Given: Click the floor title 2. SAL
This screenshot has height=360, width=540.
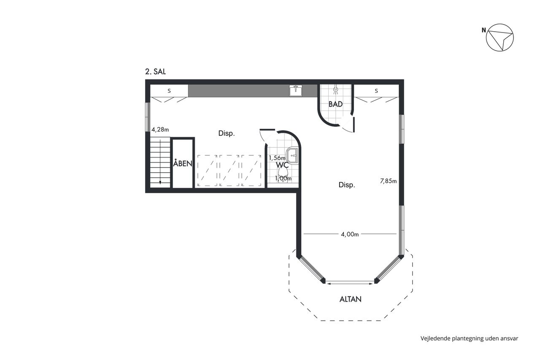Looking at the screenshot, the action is click(155, 72).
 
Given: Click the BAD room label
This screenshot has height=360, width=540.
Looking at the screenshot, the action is click(335, 104).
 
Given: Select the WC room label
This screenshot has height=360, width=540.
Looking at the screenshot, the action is click(282, 165).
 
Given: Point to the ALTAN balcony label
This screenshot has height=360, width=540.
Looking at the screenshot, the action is click(350, 299).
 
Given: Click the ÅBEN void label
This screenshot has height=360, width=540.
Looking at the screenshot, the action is click(183, 163).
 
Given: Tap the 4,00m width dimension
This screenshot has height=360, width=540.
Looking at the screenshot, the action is click(350, 234).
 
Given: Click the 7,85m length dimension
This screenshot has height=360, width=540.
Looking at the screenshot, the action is click(388, 181).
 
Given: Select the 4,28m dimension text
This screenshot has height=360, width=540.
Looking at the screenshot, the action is click(160, 130).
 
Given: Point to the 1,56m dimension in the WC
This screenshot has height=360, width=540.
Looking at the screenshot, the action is click(277, 158).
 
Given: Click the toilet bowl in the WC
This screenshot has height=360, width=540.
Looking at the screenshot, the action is click(283, 174).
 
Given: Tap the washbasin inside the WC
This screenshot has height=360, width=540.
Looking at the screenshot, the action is click(292, 155).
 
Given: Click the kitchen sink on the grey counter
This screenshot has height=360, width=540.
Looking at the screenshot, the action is click(296, 91).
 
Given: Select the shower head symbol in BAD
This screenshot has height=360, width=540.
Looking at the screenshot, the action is click(335, 89).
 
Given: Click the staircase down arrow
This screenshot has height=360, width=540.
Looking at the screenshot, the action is click(160, 162).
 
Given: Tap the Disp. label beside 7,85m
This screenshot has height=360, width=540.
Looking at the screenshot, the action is click(347, 185).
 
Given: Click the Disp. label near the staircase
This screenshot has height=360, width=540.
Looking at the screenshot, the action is click(227, 133).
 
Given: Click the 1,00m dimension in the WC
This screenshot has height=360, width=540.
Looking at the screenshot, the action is click(283, 179).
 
